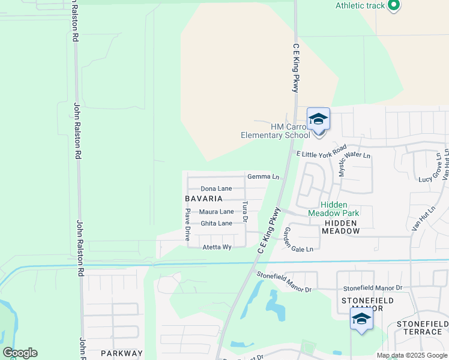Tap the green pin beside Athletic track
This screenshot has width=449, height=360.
pos(394,6)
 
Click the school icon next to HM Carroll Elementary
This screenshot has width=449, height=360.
pos(318,120)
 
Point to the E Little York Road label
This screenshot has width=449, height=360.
pos(321,151)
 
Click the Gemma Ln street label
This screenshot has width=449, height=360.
pos(264,177)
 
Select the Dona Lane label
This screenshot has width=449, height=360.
pos(216,188)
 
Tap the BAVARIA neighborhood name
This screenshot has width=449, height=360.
pos(204,199)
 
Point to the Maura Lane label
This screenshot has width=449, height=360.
pos(216,212)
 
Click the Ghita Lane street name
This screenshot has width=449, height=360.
pos(216,223)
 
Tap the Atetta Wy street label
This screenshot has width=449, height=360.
pos(217,247)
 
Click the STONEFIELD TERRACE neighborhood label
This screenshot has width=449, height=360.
pos(422,328)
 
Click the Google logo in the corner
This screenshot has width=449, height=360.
pos(20,353)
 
